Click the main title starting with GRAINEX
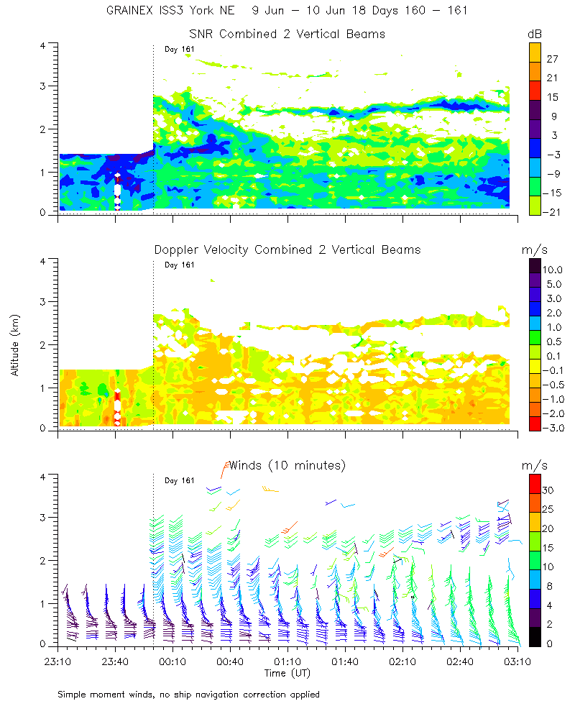(287, 11)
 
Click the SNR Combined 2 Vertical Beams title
(287, 34)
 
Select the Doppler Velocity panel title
(287, 249)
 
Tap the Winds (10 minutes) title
(287, 465)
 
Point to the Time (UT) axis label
(287, 673)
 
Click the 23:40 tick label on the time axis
(115, 661)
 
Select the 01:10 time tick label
(287, 661)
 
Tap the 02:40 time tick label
(460, 661)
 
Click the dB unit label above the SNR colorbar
(535, 34)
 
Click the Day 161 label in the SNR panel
(180, 49)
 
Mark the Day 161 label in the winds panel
(180, 480)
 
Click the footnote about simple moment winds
(188, 695)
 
